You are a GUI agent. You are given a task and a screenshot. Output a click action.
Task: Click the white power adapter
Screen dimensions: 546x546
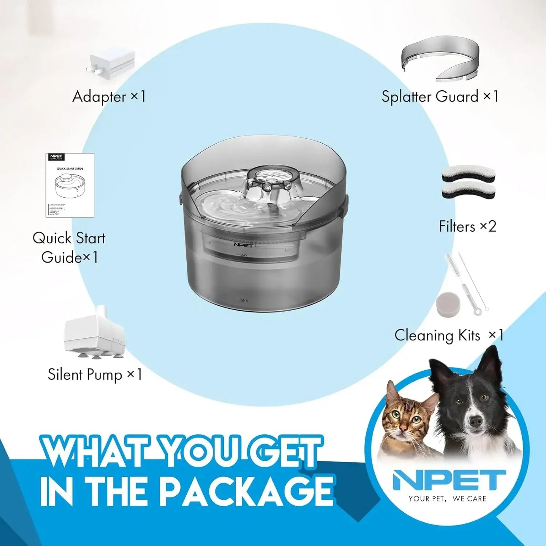[x=112, y=63]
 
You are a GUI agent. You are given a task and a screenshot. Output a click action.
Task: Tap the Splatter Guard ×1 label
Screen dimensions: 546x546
[x=440, y=96]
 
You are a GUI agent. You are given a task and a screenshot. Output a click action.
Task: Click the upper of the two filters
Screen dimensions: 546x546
[x=468, y=175]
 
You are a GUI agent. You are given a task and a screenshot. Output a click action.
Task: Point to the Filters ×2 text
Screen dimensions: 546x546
[x=467, y=226]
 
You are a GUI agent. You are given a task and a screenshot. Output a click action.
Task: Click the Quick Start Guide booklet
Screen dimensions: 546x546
[x=70, y=185]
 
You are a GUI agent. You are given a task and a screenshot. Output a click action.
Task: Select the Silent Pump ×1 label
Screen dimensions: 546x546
[x=95, y=374]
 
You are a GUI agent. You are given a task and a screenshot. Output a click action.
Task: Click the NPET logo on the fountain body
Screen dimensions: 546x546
[x=243, y=245]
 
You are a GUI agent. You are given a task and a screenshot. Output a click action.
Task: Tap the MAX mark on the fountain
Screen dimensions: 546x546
[x=243, y=255]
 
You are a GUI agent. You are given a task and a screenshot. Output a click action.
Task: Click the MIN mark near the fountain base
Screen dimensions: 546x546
[x=244, y=300]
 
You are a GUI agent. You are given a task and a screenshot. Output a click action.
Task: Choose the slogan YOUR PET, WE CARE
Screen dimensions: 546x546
[x=447, y=499]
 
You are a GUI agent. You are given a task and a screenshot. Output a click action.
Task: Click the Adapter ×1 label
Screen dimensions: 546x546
[x=109, y=96]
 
